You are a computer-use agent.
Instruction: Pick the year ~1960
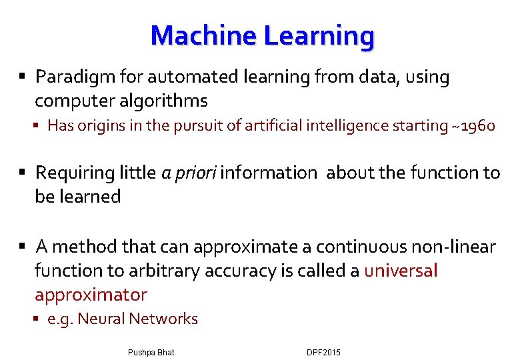tap(473, 125)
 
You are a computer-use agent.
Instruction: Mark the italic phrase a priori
tap(189, 173)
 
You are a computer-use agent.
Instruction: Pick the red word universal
tap(401, 271)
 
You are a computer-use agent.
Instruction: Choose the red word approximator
tap(91, 295)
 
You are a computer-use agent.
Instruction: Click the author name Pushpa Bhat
tap(150, 352)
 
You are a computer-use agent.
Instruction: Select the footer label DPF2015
tap(323, 352)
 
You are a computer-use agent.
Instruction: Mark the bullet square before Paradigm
tap(23, 77)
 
